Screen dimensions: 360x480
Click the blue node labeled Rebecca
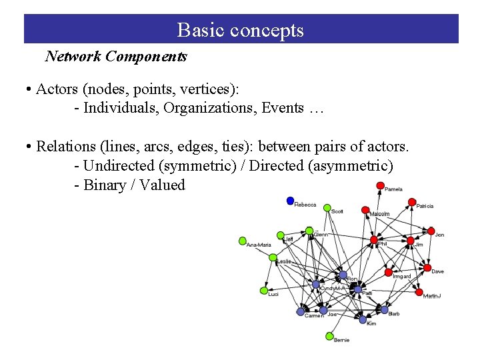(x=290, y=201)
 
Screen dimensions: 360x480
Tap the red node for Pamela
(x=380, y=185)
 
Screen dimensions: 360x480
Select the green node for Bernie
(x=329, y=336)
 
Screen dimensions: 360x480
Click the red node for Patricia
(x=413, y=202)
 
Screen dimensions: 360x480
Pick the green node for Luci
(x=263, y=291)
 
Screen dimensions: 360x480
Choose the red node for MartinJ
(x=419, y=292)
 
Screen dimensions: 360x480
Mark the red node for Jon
(x=430, y=230)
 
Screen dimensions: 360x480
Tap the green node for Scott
(x=327, y=208)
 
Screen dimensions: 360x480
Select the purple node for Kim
(x=363, y=320)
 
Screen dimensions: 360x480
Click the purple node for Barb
(x=384, y=309)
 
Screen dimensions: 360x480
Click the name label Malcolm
(x=379, y=214)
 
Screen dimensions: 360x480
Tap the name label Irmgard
(x=401, y=276)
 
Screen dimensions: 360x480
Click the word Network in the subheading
(x=71, y=57)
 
